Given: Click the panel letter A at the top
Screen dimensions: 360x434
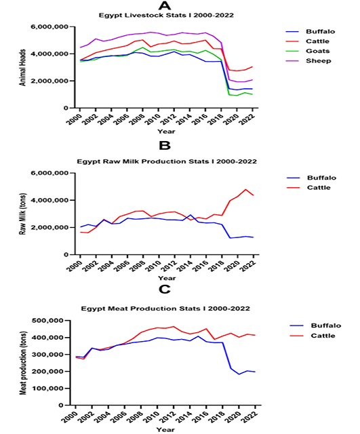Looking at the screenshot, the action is [x=165, y=5].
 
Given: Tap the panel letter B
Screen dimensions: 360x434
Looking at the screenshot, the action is [x=165, y=146].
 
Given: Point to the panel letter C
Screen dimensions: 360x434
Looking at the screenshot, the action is [x=165, y=290].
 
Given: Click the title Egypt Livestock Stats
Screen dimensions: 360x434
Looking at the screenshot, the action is [x=166, y=15].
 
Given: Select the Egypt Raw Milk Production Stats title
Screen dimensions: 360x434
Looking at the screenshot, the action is [x=167, y=161].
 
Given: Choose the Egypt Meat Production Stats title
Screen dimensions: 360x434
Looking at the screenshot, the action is [x=165, y=309].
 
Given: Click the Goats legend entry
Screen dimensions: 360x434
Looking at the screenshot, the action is [x=308, y=51].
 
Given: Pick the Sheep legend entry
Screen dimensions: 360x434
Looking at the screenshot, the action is [x=308, y=61].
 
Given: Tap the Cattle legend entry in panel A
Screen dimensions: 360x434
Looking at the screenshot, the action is [x=307, y=41].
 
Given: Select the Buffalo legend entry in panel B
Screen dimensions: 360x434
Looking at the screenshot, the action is [x=311, y=178].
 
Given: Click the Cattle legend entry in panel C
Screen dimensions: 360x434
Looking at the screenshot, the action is [x=313, y=336].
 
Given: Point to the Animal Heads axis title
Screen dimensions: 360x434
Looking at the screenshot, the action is [x=22, y=68].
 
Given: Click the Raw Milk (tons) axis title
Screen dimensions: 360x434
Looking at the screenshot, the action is [x=22, y=214].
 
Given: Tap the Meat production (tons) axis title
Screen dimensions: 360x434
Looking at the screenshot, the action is [x=23, y=363].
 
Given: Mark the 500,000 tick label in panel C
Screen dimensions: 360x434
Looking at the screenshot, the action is [x=52, y=321].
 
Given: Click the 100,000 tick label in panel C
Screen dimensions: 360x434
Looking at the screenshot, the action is [x=52, y=389].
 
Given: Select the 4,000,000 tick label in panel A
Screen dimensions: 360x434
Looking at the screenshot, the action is [x=49, y=54].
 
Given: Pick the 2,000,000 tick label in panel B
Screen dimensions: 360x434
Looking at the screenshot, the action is [x=49, y=228].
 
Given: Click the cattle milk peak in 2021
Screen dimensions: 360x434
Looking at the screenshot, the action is [x=245, y=189].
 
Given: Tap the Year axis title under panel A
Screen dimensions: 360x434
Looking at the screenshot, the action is [x=166, y=132].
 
